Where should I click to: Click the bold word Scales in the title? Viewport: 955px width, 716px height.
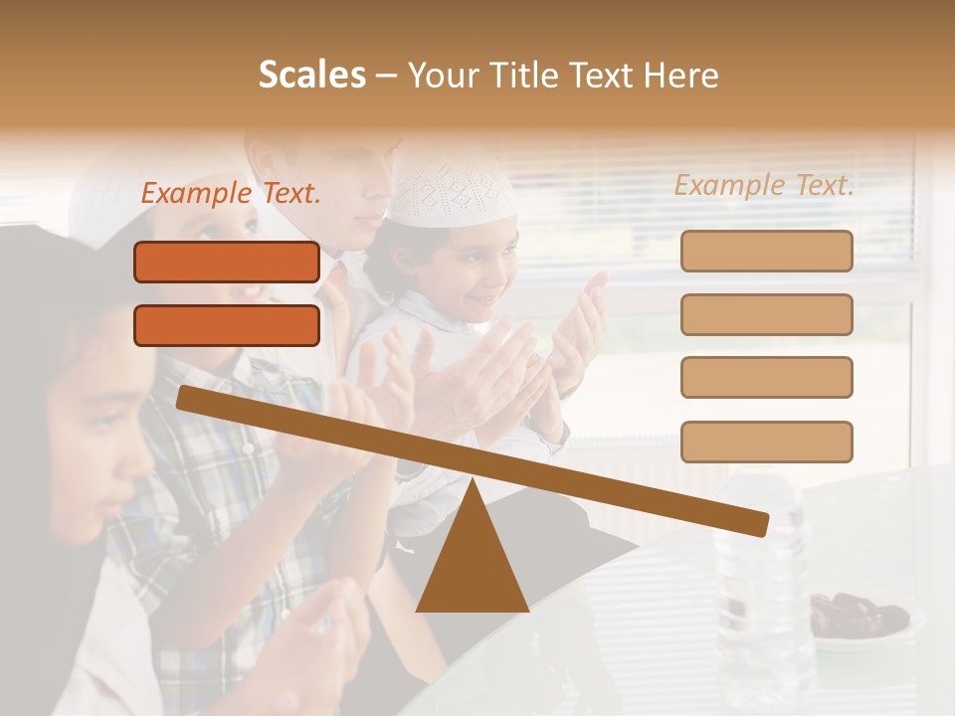pos(311,75)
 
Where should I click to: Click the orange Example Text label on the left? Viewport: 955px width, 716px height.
pos(230,194)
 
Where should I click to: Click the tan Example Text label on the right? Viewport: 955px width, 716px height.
pos(764,185)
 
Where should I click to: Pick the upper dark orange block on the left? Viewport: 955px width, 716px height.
pos(227,262)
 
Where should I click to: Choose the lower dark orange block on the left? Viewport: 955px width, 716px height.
pos(227,325)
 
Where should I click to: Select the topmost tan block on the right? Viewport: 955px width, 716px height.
pos(766,251)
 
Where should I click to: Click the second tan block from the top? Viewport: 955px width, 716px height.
pos(766,314)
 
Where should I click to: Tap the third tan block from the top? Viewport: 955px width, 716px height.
pos(766,377)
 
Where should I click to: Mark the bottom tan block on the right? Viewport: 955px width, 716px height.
pos(766,442)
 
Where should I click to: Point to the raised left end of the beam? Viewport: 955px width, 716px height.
pos(185,397)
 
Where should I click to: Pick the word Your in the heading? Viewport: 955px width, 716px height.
pos(442,75)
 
